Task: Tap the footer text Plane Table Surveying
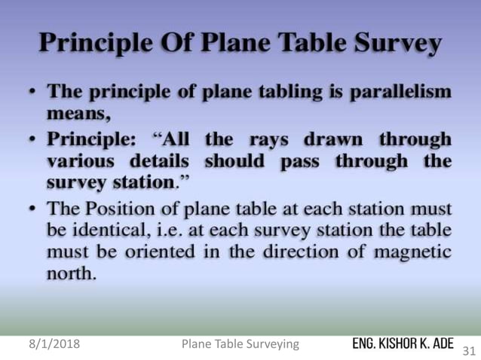(x=240, y=345)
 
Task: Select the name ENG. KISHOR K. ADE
(x=403, y=343)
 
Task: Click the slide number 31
(x=467, y=351)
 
